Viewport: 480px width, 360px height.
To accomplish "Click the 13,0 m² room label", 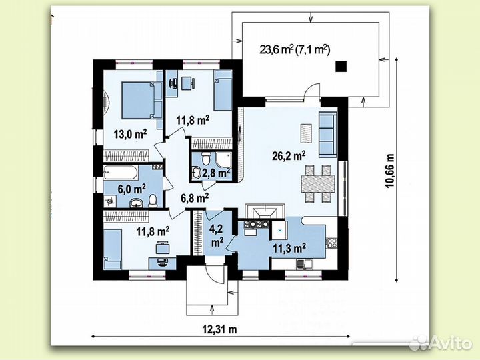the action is pyautogui.click(x=131, y=133).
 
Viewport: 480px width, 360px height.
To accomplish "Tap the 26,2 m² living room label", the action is pyautogui.click(x=289, y=155).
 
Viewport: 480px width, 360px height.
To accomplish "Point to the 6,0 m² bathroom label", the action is pyautogui.click(x=131, y=189).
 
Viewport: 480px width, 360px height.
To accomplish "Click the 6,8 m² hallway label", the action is pyautogui.click(x=195, y=198).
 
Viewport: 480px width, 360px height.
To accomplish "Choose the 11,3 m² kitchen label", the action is pyautogui.click(x=289, y=247).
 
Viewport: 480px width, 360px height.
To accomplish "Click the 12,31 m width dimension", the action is pyautogui.click(x=219, y=329).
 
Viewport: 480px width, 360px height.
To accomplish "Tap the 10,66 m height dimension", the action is pyautogui.click(x=390, y=170).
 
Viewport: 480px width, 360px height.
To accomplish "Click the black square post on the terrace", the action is pyautogui.click(x=341, y=66).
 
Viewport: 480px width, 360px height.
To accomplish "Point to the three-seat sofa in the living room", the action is pyautogui.click(x=327, y=135).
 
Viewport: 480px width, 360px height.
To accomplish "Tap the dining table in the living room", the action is pyautogui.click(x=318, y=184).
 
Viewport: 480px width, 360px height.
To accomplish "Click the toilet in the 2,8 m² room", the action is pyautogui.click(x=206, y=159).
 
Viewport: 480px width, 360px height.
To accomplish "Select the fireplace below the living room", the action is pyautogui.click(x=265, y=211).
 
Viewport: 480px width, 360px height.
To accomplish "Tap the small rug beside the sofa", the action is pyautogui.click(x=306, y=133).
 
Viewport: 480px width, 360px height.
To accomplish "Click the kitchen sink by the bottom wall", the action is pyautogui.click(x=304, y=264).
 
